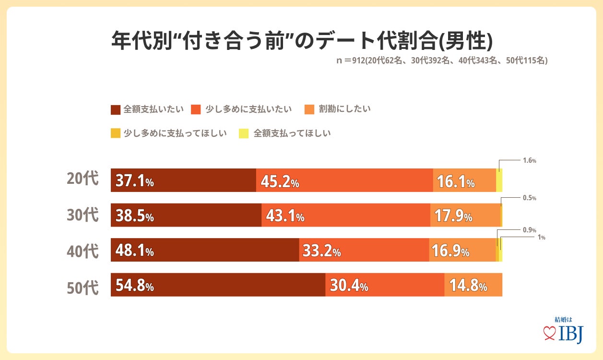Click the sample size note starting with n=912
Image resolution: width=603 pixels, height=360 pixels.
[x=441, y=61]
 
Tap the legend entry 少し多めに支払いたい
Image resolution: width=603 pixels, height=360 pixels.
[x=242, y=109]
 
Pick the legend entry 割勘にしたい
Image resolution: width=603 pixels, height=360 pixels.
[x=338, y=109]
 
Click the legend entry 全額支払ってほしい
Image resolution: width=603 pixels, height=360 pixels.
[x=285, y=133]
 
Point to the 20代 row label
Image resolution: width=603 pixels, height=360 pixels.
[x=82, y=179]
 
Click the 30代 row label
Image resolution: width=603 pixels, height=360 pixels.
[x=82, y=215]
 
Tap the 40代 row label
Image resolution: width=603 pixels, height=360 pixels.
[x=82, y=251]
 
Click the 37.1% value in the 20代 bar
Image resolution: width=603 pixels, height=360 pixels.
[x=134, y=182]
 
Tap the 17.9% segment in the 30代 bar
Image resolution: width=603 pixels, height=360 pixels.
[x=453, y=217]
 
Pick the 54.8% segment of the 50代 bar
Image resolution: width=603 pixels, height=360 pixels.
[x=134, y=286]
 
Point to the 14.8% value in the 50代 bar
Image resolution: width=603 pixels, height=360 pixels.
[x=468, y=287]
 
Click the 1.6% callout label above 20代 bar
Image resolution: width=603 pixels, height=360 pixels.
[x=529, y=161]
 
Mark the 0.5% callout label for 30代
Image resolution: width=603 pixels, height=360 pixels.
[x=529, y=198]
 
